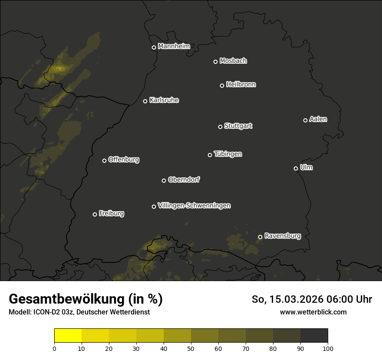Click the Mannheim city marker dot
154,48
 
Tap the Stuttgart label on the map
238,126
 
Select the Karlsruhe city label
164,101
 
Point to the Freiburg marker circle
95,214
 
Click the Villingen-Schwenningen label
194,206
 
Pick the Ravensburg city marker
260,237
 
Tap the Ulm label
306,167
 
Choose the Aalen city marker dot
305,120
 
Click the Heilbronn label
241,85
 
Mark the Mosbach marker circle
215,62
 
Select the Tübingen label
228,154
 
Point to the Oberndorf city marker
164,180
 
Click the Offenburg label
124,160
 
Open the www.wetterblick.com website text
313,312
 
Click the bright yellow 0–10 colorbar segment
68,336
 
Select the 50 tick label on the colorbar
191,348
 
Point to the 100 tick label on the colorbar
328,348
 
